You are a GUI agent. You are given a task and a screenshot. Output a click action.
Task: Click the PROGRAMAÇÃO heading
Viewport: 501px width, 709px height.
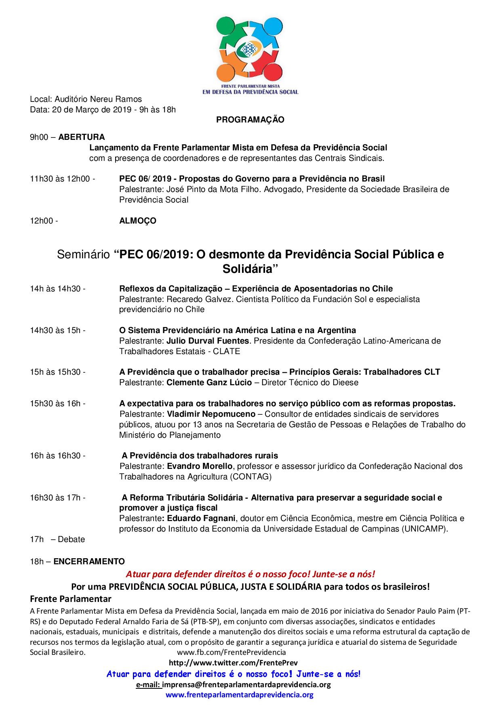[x=250, y=120]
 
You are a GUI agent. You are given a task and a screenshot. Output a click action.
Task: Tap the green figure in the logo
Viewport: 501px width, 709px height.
[x=229, y=30]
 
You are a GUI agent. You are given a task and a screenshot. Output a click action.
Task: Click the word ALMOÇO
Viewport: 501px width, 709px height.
[x=137, y=221]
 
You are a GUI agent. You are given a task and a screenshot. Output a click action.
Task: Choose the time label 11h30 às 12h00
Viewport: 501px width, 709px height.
[x=62, y=179]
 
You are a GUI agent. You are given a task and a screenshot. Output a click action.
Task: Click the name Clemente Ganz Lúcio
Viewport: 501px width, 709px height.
[x=209, y=382]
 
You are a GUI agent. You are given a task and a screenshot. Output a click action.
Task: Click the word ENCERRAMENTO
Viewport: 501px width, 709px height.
[x=89, y=561]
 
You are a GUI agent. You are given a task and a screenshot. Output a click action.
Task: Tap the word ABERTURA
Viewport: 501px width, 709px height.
[x=81, y=137]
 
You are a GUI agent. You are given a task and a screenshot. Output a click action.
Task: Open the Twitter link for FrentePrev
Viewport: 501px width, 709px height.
[x=233, y=663]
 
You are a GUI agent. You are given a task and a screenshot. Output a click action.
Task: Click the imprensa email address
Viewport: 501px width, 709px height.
[x=246, y=684]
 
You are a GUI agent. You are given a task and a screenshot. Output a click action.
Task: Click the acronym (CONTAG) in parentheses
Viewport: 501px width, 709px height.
[x=250, y=477]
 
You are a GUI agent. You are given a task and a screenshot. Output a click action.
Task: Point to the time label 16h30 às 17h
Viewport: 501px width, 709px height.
[x=57, y=498]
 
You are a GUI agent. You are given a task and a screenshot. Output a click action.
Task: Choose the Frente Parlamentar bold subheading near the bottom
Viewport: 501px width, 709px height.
[x=71, y=598]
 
